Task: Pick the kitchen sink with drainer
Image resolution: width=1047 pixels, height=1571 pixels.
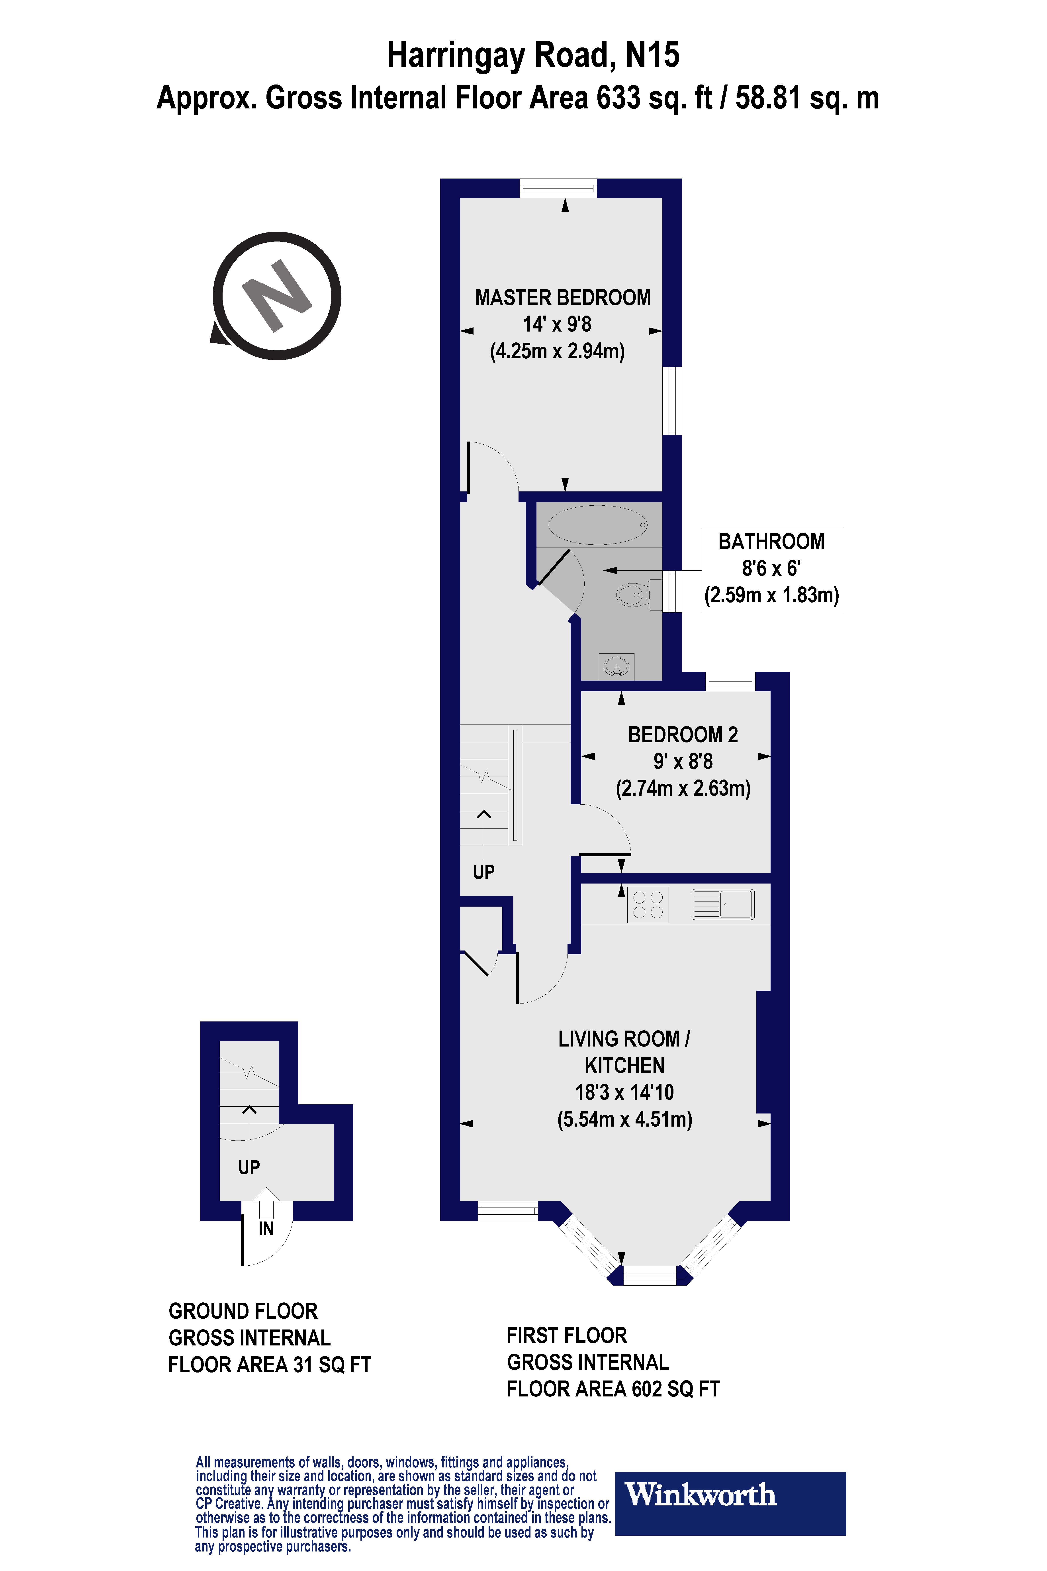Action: pyautogui.click(x=722, y=904)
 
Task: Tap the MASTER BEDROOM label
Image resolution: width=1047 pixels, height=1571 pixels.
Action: pyautogui.click(x=563, y=298)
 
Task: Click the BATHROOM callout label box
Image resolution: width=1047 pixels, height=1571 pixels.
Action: pyautogui.click(x=772, y=570)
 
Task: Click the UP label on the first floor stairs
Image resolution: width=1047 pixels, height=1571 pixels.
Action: pyautogui.click(x=483, y=872)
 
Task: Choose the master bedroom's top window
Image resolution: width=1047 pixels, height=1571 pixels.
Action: pyautogui.click(x=558, y=188)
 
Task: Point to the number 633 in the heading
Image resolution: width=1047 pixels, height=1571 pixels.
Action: pyautogui.click(x=618, y=98)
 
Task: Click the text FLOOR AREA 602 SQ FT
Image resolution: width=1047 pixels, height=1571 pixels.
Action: pyautogui.click(x=613, y=1389)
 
